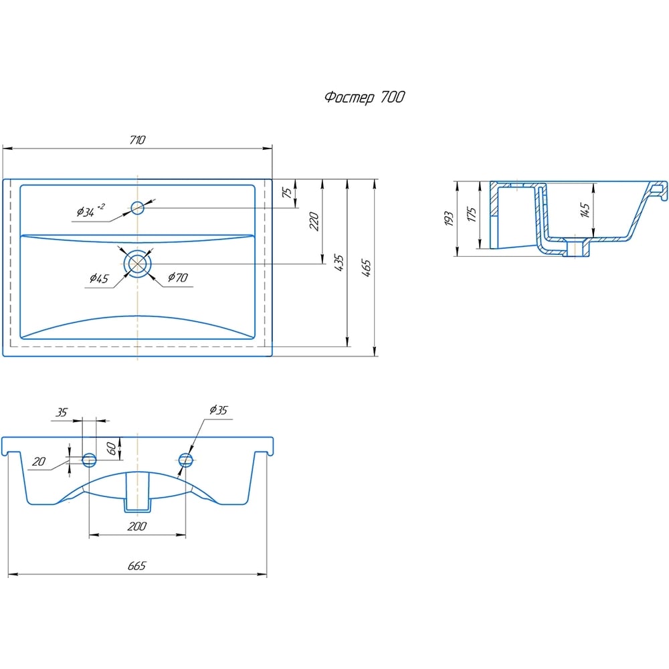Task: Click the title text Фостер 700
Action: [x=365, y=97]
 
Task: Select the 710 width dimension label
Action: [x=137, y=140]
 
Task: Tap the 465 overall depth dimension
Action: [x=366, y=268]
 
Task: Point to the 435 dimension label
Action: [x=339, y=262]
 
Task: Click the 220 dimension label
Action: [x=314, y=221]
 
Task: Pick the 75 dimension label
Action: [x=288, y=193]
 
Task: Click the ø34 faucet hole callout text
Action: [x=90, y=210]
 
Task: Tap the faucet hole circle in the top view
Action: [x=137, y=208]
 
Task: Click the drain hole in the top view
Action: [x=137, y=264]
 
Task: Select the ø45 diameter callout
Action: [x=99, y=278]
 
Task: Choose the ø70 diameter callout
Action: [x=178, y=278]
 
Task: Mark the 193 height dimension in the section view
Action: [x=448, y=218]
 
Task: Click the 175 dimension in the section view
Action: [x=471, y=214]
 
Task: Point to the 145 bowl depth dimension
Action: [x=585, y=209]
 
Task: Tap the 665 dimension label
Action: [x=137, y=565]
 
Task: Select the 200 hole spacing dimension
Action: [x=137, y=526]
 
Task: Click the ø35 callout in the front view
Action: [x=219, y=410]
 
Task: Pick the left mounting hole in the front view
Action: [x=89, y=460]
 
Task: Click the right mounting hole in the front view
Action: [x=185, y=460]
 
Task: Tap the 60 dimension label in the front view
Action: [x=111, y=448]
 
